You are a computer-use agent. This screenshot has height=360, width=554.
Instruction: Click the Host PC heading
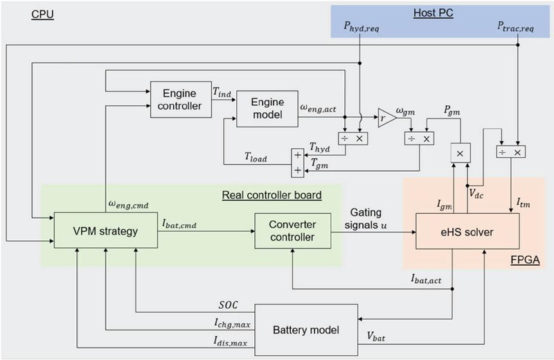pos(433,13)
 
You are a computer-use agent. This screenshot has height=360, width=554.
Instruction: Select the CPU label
pos(43,13)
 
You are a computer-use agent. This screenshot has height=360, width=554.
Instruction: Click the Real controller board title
pos(271,196)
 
